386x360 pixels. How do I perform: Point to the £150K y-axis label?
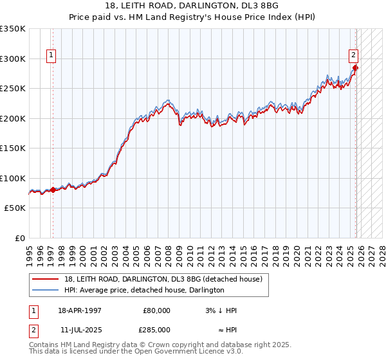13,148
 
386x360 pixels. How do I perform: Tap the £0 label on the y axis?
19,239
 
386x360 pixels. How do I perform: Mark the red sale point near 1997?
53,190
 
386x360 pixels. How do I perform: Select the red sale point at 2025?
355,67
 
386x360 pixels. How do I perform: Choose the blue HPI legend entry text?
144,291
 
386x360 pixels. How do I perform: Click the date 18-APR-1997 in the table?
80,310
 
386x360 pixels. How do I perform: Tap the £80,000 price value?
156,310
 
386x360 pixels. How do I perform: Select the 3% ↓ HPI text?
221,310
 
